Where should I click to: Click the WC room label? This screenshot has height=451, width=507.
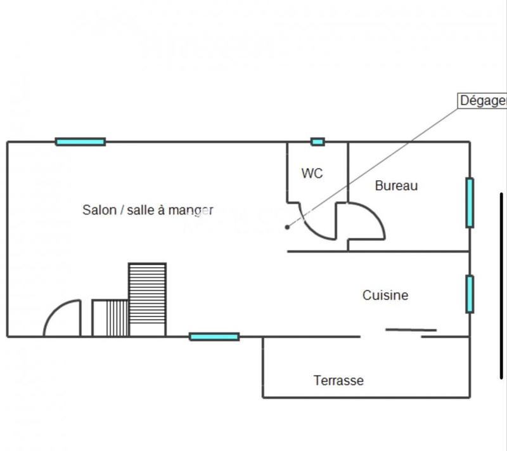click(x=312, y=173)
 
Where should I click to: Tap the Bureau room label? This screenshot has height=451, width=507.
click(x=396, y=186)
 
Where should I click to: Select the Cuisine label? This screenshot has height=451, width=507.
click(x=385, y=295)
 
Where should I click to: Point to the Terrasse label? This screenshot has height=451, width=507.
click(x=338, y=381)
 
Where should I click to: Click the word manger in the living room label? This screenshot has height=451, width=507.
click(x=191, y=210)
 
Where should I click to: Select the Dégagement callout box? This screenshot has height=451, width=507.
click(x=482, y=101)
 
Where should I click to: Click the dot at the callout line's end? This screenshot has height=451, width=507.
click(x=287, y=226)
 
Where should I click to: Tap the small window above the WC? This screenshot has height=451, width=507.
click(x=318, y=141)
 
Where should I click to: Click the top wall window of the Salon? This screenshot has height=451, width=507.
click(x=80, y=141)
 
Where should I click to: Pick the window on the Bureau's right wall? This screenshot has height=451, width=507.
click(x=470, y=202)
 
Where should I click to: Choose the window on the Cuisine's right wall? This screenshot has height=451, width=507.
click(x=470, y=294)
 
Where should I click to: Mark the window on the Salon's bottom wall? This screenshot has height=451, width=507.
click(x=214, y=336)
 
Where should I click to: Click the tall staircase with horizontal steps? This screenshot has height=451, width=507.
click(x=147, y=298)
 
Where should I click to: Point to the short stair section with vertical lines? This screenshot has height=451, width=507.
click(x=111, y=317)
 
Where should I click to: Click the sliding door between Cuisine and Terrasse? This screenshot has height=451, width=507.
click(x=411, y=330)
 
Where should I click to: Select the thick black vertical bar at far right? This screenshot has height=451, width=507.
click(x=501, y=285)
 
